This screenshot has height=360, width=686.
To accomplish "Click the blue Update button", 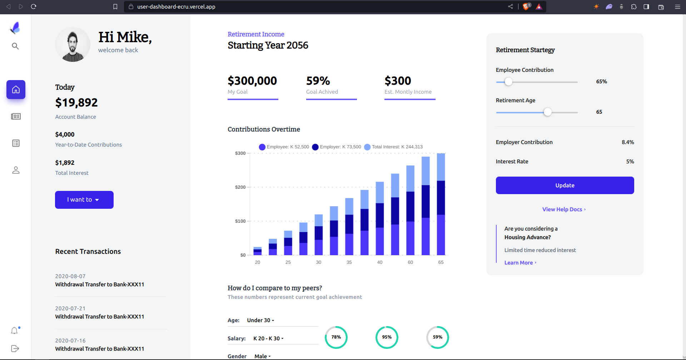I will click(x=565, y=185).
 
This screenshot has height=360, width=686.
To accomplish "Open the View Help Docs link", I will click(x=563, y=209).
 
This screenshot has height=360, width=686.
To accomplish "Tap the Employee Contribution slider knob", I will click(x=508, y=82).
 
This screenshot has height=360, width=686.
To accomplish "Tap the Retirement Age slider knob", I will click(x=547, y=112).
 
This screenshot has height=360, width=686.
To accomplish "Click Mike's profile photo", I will click(x=73, y=45).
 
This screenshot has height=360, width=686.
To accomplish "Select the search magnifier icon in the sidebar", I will click(x=15, y=46).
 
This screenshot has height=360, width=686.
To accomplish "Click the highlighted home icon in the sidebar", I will click(x=16, y=89).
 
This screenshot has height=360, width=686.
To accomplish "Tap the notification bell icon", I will click(x=14, y=331).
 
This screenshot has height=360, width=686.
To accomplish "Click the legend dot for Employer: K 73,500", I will click(x=315, y=147).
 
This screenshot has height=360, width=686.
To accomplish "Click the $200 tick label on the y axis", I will click(x=240, y=187).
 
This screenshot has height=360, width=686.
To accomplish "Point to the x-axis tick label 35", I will click(x=349, y=262).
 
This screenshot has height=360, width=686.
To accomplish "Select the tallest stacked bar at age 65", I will click(x=441, y=204).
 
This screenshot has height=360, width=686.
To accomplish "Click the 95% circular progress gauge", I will click(x=387, y=337).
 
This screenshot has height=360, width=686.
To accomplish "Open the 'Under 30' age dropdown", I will click(x=260, y=320).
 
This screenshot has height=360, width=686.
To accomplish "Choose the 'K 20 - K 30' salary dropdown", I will click(x=268, y=339).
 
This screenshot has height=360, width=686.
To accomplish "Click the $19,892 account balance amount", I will click(x=76, y=103).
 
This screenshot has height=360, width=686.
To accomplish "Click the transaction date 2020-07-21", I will click(x=70, y=309).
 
